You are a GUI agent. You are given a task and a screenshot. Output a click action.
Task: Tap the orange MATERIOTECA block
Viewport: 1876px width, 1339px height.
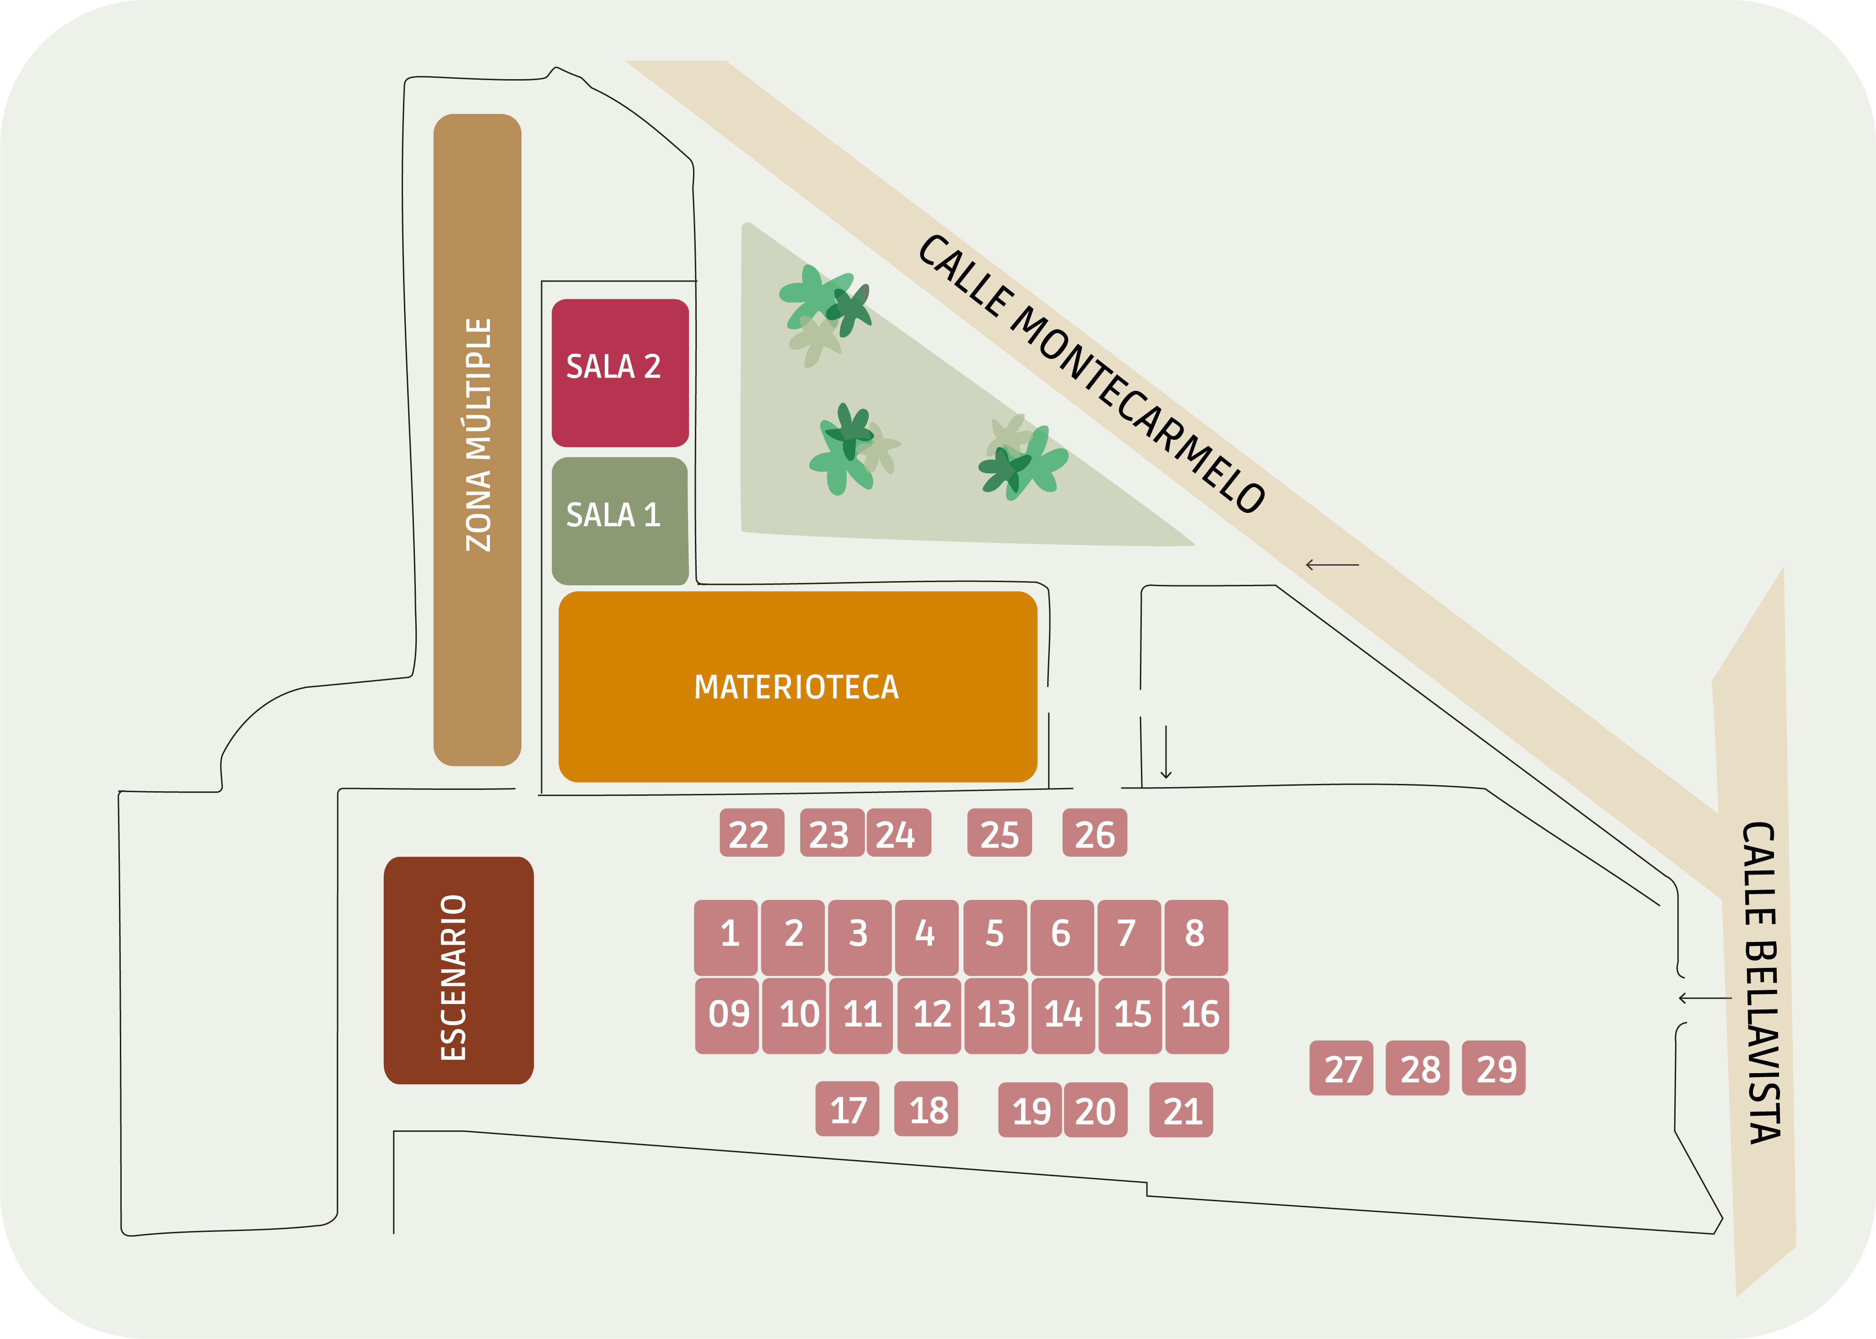click(797, 687)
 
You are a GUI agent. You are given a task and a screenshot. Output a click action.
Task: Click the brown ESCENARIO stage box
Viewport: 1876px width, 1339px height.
click(458, 971)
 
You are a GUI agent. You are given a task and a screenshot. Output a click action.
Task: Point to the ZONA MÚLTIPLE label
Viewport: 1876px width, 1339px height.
click(478, 435)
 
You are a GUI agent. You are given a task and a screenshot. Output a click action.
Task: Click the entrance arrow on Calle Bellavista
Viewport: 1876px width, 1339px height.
click(1704, 999)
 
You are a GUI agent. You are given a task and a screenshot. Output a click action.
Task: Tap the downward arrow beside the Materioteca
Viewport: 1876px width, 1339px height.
click(1166, 752)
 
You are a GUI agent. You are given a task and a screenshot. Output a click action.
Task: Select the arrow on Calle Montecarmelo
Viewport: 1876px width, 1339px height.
click(1332, 565)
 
